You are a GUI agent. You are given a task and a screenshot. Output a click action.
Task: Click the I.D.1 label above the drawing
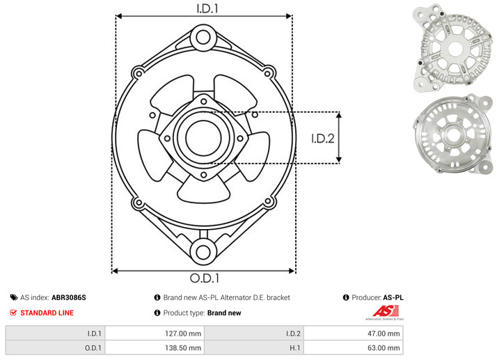207,8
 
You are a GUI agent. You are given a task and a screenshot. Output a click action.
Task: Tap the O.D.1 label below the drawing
205,278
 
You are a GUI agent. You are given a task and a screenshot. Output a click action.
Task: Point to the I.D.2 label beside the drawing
323,139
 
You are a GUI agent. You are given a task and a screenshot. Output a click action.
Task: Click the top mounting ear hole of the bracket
203,37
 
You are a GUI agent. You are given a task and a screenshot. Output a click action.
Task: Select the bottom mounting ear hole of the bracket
203,252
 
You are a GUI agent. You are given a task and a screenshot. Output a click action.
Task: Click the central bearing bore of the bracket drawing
203,139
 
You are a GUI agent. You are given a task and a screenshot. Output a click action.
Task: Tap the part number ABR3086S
69,297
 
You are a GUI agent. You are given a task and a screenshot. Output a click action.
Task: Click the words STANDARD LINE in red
47,313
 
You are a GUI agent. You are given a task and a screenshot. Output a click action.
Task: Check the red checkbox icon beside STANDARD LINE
13,313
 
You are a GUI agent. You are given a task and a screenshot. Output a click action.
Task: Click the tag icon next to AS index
14,297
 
